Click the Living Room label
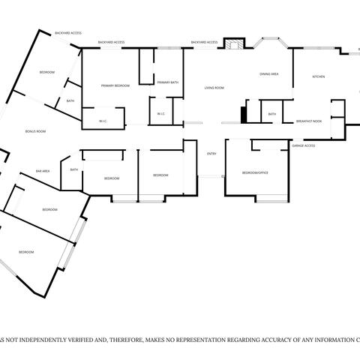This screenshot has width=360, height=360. pyautogui.click(x=214, y=88)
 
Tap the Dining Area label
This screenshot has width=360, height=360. pyautogui.click(x=269, y=74)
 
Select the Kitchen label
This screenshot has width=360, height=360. pyautogui.click(x=318, y=77)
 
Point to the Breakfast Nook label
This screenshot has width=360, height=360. pyautogui.click(x=309, y=121)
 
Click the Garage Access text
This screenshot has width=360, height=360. pyautogui.click(x=304, y=145)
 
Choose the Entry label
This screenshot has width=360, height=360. pyautogui.click(x=211, y=154)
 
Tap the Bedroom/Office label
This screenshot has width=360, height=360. pyautogui.click(x=255, y=172)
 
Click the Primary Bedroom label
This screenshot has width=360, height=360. pyautogui.click(x=115, y=85)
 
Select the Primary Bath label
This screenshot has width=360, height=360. pyautogui.click(x=168, y=82)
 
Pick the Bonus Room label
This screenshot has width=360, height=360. pyautogui.click(x=36, y=131)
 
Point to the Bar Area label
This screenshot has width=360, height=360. pyautogui.click(x=43, y=171)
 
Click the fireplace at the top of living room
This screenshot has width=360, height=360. pyautogui.click(x=234, y=45)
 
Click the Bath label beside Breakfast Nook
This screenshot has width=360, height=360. pyautogui.click(x=271, y=114)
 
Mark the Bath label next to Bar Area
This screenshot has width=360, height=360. pyautogui.click(x=74, y=169)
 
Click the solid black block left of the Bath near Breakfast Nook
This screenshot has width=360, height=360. pyautogui.click(x=243, y=115)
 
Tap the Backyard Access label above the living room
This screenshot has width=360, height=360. pyautogui.click(x=204, y=42)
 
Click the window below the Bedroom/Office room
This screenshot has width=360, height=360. pyautogui.click(x=271, y=199)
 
